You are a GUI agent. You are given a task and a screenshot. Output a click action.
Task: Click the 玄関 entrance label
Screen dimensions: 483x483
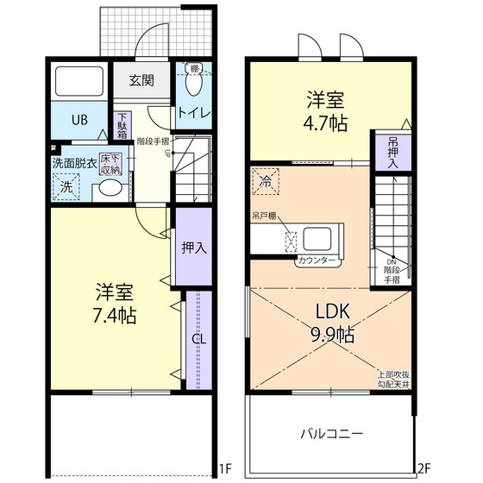click(141, 81)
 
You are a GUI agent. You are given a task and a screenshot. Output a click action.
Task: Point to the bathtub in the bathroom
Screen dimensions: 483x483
click(79, 82)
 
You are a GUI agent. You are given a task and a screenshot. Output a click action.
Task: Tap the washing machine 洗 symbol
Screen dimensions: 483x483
click(66, 185)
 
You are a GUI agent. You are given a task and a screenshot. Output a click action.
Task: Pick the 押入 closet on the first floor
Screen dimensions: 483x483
click(193, 248)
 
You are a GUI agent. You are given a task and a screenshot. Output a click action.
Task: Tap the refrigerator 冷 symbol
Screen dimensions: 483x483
click(267, 183)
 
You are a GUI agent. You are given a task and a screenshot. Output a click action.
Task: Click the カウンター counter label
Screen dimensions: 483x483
click(317, 260)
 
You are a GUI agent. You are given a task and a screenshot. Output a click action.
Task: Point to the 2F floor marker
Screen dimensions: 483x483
click(423, 469)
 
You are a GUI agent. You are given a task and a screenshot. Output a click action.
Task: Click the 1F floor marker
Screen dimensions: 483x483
click(224, 469)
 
